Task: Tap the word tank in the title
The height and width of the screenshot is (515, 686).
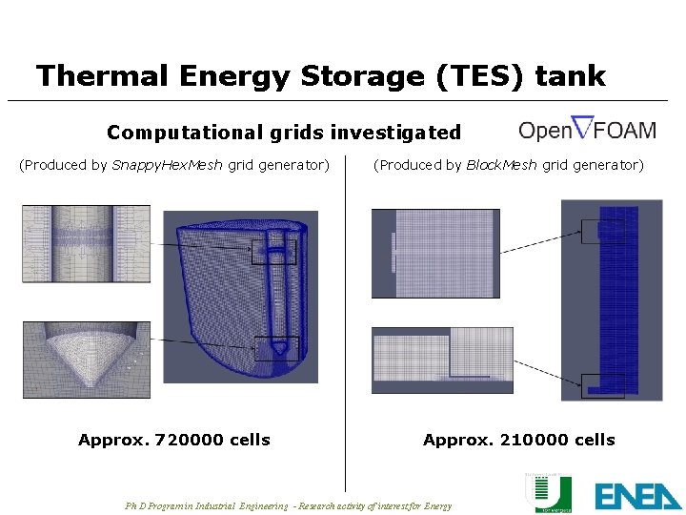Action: (570, 75)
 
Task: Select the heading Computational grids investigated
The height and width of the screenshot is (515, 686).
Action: (283, 133)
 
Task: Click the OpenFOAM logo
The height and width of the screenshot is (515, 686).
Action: (587, 129)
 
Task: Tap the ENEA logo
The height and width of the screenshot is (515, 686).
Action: (638, 495)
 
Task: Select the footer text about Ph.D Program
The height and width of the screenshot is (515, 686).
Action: (289, 505)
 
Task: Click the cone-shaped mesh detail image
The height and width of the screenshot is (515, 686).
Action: (86, 360)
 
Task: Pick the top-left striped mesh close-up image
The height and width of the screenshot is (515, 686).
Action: (86, 244)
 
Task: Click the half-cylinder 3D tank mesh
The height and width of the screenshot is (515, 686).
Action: (238, 296)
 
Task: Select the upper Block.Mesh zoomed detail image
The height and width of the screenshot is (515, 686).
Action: (434, 253)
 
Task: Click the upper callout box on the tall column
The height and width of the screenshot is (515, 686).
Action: (604, 232)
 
